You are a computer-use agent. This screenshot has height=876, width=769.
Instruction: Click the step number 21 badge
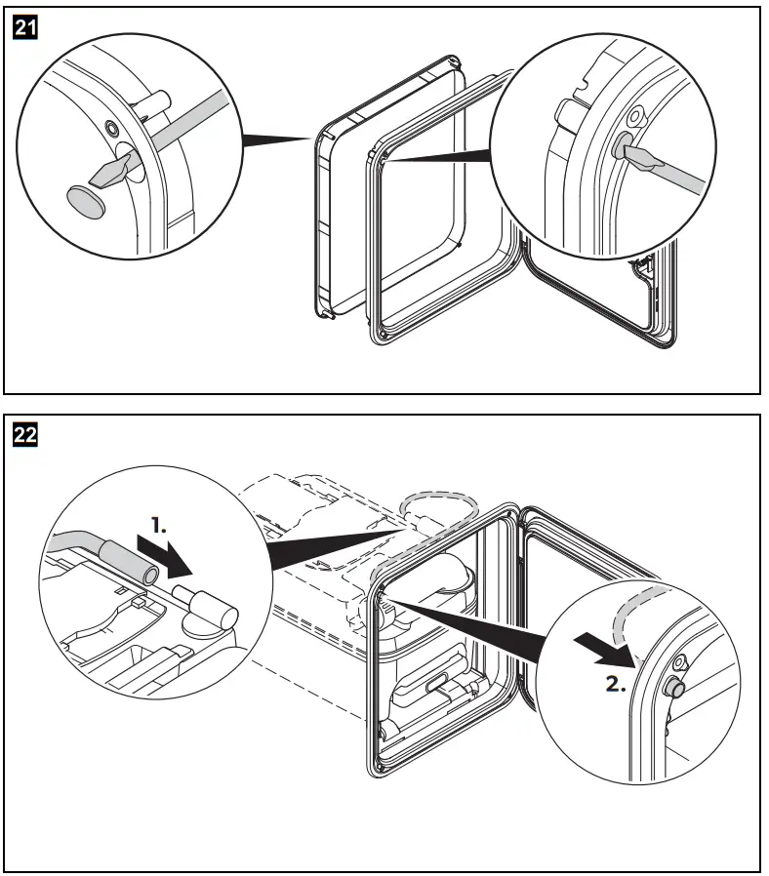tap(24, 29)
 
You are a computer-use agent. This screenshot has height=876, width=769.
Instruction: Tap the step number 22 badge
tap(24, 435)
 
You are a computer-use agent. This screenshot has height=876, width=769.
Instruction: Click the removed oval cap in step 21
tap(85, 199)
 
